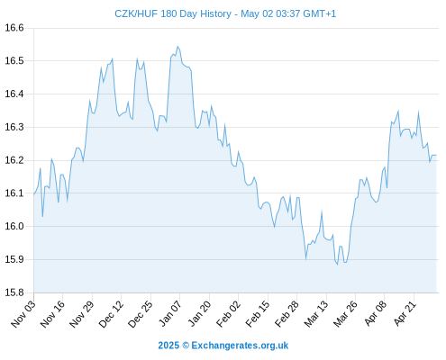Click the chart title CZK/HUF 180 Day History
pyautogui.click(x=173, y=13)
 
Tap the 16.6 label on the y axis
pyautogui.click(x=14, y=28)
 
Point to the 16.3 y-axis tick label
pyautogui.click(x=14, y=127)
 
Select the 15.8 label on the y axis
pyautogui.click(x=14, y=292)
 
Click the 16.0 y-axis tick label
pyautogui.click(x=14, y=226)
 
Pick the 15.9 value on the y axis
pyautogui.click(x=14, y=259)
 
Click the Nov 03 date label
pyautogui.click(x=23, y=314)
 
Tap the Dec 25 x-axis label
pyautogui.click(x=141, y=314)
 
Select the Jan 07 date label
pyautogui.click(x=170, y=314)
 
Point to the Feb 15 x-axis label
pyautogui.click(x=258, y=314)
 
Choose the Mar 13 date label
pyautogui.click(x=316, y=314)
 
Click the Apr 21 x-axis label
pyautogui.click(x=405, y=314)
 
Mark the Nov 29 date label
pyautogui.click(x=82, y=314)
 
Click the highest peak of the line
pyautogui.click(x=177, y=47)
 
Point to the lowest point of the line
pyautogui.click(x=337, y=265)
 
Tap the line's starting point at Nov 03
pyautogui.click(x=34, y=194)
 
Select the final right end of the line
pyautogui.click(x=436, y=155)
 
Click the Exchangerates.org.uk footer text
pyautogui.click(x=240, y=346)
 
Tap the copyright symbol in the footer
pyautogui.click(x=186, y=346)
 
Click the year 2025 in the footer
pyautogui.click(x=168, y=346)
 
